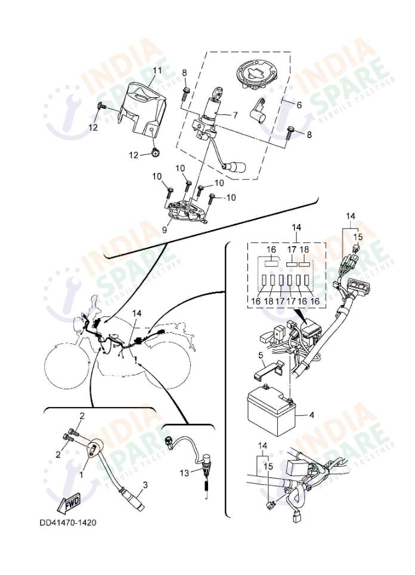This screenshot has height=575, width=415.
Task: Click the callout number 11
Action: (157, 70)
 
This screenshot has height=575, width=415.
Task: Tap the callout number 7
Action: (234, 115)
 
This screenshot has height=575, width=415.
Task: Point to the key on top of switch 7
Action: (216, 91)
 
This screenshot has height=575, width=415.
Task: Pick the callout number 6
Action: (298, 104)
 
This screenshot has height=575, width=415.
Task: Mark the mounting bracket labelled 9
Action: (185, 213)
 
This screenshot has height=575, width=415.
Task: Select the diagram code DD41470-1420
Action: (67, 523)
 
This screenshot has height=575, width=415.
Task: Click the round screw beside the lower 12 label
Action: (154, 154)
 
